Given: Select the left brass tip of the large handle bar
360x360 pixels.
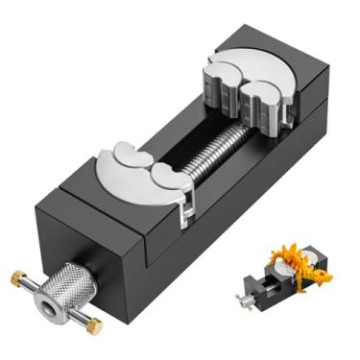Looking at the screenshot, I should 16,278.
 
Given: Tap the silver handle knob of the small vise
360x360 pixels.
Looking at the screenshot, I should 245,300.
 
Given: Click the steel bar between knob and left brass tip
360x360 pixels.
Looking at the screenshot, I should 29,289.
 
